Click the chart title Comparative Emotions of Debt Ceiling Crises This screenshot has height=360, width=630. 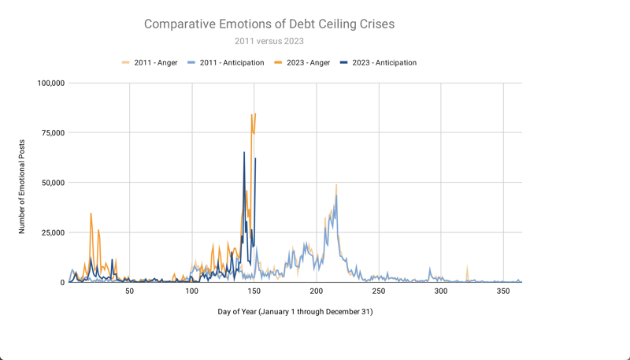269,24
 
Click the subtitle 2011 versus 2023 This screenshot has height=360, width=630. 269,41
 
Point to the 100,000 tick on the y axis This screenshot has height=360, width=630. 50,83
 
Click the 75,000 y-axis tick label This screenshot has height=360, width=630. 54,132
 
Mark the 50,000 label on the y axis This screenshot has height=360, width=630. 54,183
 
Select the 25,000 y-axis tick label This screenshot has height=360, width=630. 54,232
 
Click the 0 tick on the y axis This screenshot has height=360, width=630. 62,282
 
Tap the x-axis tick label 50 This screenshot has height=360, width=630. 130,291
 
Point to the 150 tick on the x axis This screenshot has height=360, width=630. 254,291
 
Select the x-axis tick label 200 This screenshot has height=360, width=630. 317,291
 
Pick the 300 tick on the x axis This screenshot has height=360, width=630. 441,291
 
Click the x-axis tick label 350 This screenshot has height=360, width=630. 503,291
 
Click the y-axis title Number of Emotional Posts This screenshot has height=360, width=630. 22,187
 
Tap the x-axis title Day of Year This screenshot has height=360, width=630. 295,312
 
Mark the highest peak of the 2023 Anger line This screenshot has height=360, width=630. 255,113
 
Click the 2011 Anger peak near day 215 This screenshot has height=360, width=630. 336,184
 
